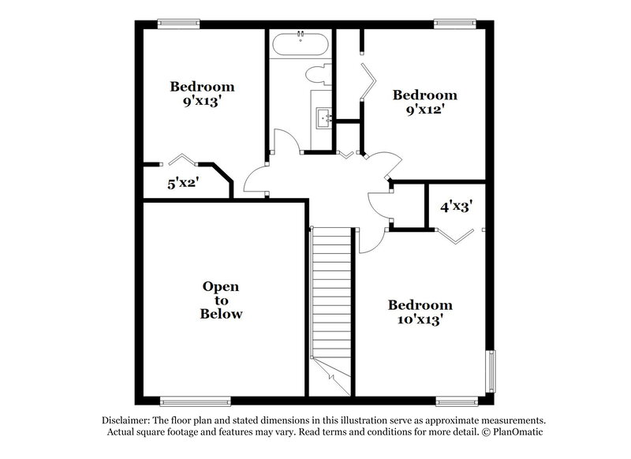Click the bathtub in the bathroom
coord(301,44)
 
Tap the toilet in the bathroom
coord(317,76)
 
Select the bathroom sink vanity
coord(322,118)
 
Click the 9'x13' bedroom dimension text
coord(203,100)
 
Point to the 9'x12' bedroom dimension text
coord(425,110)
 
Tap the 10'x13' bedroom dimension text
coord(420,319)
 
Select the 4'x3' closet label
coord(456,207)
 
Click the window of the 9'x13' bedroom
coord(178,24)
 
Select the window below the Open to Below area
coord(196,401)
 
